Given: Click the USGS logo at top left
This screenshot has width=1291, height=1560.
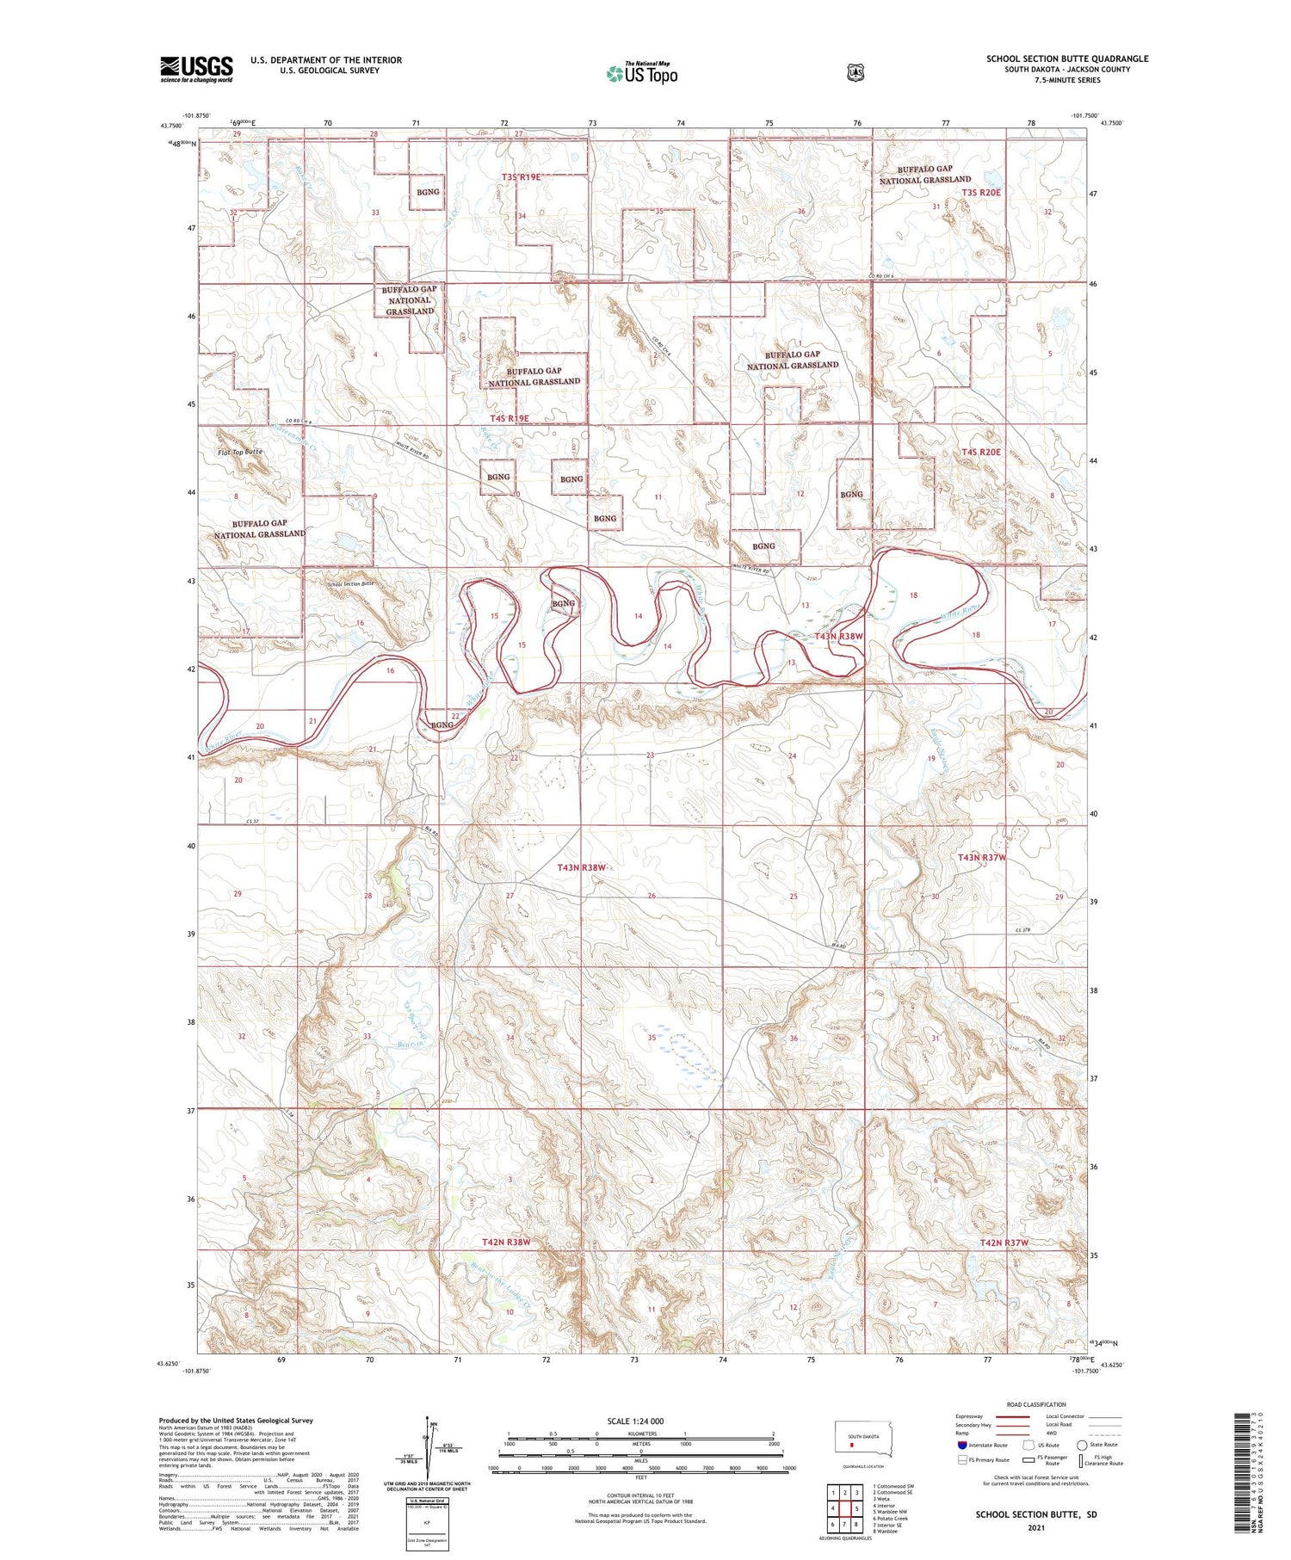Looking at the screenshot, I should [x=196, y=69].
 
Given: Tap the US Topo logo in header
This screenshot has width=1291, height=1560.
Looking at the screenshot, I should [x=642, y=73].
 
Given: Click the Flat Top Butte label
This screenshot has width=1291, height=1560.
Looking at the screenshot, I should [x=240, y=451].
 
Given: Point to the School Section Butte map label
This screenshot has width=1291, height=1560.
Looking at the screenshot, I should [x=351, y=584].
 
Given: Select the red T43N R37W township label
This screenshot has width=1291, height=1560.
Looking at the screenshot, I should [x=982, y=858].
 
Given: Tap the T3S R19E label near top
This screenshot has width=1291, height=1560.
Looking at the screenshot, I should [x=522, y=176].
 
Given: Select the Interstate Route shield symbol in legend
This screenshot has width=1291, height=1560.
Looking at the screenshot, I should [x=961, y=1445].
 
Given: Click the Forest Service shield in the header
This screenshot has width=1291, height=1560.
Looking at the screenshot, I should [x=854, y=73].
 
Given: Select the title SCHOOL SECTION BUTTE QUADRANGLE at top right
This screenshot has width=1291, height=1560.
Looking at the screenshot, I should [x=1067, y=59].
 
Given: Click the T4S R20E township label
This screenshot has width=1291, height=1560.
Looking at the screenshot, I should [x=981, y=452].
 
